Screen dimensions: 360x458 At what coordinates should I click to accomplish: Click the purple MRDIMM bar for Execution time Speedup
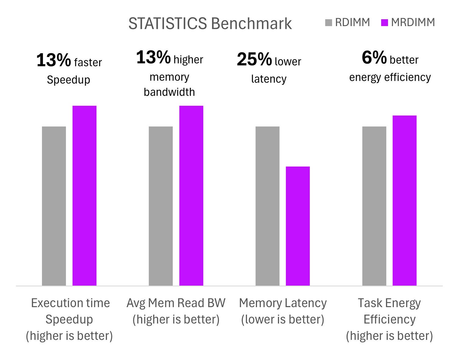[x=84, y=196]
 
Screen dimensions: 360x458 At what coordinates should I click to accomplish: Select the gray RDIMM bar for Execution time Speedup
[x=54, y=206]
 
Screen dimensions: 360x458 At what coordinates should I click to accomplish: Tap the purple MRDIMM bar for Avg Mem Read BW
[x=191, y=196]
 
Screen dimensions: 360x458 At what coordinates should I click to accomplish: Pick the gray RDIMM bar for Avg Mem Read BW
[x=161, y=206]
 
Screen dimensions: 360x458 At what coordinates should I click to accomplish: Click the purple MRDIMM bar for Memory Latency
[x=298, y=226]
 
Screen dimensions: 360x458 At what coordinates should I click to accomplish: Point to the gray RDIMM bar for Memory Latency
[x=267, y=206]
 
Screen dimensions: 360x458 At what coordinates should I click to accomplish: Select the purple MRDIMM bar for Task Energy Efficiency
[x=405, y=200]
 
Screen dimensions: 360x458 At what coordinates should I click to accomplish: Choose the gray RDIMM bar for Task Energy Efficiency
[x=374, y=206]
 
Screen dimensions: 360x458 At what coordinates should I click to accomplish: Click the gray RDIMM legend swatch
[x=329, y=23]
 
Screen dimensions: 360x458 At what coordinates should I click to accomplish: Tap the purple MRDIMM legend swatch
[x=384, y=23]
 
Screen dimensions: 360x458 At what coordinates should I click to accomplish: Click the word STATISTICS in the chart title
[x=168, y=24]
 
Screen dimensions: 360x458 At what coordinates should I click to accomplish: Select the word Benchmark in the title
[x=251, y=24]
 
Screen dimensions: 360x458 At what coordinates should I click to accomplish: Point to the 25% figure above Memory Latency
[x=254, y=59]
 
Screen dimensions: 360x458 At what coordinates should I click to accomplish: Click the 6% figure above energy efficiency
[x=374, y=57]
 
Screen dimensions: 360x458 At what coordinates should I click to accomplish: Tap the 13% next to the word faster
[x=53, y=60]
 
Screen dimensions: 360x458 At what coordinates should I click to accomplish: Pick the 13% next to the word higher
[x=153, y=57]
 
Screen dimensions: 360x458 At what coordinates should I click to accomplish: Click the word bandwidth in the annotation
[x=169, y=92]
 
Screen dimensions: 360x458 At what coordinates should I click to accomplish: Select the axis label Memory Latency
[x=283, y=303]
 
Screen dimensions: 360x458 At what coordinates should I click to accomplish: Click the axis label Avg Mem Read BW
[x=176, y=303]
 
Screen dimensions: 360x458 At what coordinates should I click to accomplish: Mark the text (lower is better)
[x=283, y=319]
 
